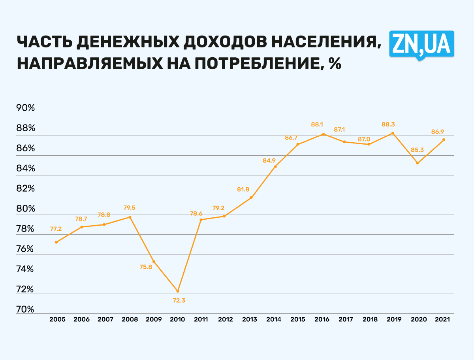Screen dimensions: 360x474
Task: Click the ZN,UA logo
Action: tap(421, 44)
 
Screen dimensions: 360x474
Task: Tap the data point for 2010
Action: tap(178, 291)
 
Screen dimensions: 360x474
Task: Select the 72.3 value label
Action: tap(179, 300)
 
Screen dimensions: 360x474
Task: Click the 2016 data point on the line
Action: tap(323, 134)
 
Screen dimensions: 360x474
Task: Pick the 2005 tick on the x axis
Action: tap(57, 319)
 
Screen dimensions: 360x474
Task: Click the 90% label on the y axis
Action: tap(26, 108)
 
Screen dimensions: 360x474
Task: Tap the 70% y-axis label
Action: tap(26, 309)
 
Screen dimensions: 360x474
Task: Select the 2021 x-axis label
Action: tap(442, 319)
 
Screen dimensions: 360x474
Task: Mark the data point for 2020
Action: tap(418, 163)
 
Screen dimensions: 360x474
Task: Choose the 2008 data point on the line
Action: tap(130, 217)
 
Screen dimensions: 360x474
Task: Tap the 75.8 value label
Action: tap(146, 267)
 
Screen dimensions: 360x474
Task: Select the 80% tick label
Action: tap(26, 209)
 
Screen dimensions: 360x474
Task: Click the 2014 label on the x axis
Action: tap(274, 319)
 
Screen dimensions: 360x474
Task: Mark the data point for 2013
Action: tap(251, 198)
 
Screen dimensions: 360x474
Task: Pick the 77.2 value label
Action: tap(56, 229)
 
